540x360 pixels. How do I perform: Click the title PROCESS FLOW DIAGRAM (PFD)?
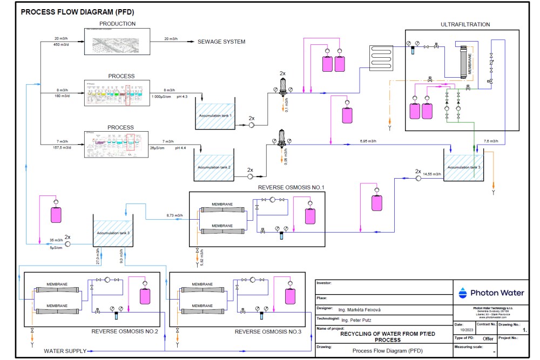pyautogui.click(x=77, y=12)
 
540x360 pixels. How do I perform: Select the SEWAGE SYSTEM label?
pyautogui.click(x=221, y=42)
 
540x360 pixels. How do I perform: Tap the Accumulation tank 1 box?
pyautogui.click(x=214, y=116)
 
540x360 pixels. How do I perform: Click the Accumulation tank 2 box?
pyautogui.click(x=214, y=167)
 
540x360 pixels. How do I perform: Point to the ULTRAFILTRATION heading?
pyautogui.click(x=465, y=24)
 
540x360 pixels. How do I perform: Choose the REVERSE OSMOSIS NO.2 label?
pyautogui.click(x=124, y=331)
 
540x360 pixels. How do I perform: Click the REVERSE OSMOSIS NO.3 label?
pyautogui.click(x=269, y=331)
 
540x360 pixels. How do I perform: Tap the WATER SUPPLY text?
pyautogui.click(x=64, y=351)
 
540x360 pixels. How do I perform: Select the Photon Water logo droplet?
pyautogui.click(x=462, y=293)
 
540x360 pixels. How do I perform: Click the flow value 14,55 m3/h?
pyautogui.click(x=431, y=174)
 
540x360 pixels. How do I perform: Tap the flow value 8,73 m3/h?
pyautogui.click(x=174, y=216)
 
